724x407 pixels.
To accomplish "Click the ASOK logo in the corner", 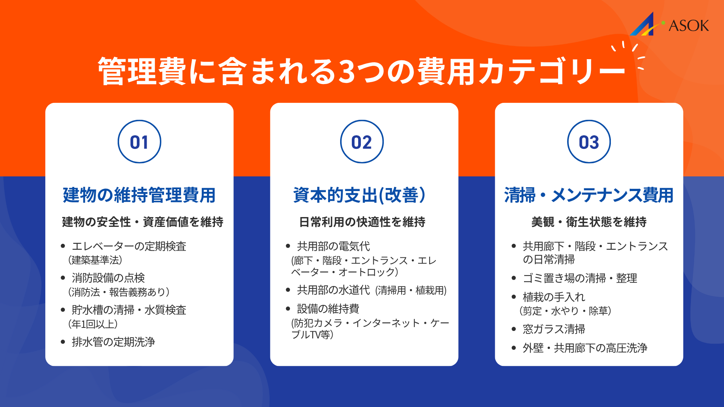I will pyautogui.click(x=670, y=24).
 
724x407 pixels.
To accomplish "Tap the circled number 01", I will pyautogui.click(x=139, y=142).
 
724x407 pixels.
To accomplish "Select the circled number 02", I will pyautogui.click(x=362, y=142).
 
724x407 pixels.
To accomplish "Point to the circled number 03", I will pyautogui.click(x=589, y=142).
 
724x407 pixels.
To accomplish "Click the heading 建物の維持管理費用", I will pyautogui.click(x=139, y=195).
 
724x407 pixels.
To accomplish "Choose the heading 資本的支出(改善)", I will pyautogui.click(x=359, y=195).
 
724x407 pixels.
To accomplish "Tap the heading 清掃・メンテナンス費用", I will pyautogui.click(x=589, y=195).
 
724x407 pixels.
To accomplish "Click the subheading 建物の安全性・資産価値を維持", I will pyautogui.click(x=143, y=222).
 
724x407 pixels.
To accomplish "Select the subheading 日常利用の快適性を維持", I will pyautogui.click(x=362, y=222).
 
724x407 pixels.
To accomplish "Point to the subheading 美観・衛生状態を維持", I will pyautogui.click(x=589, y=222).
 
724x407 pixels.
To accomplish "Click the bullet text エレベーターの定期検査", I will pyautogui.click(x=129, y=246).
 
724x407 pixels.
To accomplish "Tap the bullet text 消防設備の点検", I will pyautogui.click(x=108, y=278).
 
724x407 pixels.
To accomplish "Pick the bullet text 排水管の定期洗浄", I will pyautogui.click(x=113, y=342).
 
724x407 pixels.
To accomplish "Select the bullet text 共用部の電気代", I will pyautogui.click(x=333, y=246).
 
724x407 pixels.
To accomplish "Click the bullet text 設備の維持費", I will pyautogui.click(x=328, y=309).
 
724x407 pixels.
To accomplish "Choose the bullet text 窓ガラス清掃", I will pyautogui.click(x=554, y=329).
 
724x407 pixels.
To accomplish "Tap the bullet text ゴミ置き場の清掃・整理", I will pyautogui.click(x=580, y=278).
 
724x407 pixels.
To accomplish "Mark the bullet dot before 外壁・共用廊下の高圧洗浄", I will pyautogui.click(x=514, y=348).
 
